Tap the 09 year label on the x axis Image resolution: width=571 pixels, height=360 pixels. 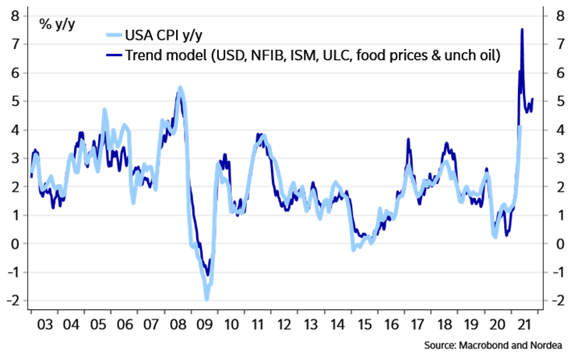(x=207, y=324)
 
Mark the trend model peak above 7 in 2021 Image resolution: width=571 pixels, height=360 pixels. (x=522, y=30)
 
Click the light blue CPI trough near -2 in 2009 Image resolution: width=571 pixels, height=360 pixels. (x=206, y=298)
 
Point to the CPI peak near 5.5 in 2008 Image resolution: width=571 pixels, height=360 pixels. (x=181, y=87)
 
